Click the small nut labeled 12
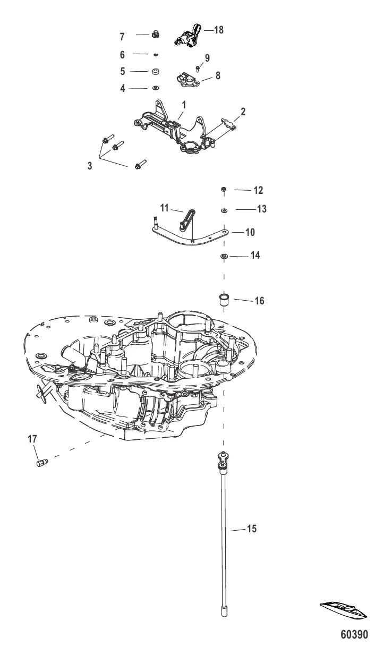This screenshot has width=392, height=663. pyautogui.click(x=225, y=190)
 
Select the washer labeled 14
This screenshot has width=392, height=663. pyautogui.click(x=224, y=257)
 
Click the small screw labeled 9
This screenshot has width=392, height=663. pyautogui.click(x=197, y=67)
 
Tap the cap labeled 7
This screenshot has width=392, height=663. pyautogui.click(x=156, y=35)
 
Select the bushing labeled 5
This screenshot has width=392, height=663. pyautogui.click(x=156, y=71)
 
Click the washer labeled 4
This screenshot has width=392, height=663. pyautogui.click(x=156, y=88)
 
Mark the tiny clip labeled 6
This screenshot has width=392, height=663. pyautogui.click(x=156, y=54)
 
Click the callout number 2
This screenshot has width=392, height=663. pyautogui.click(x=243, y=112)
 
